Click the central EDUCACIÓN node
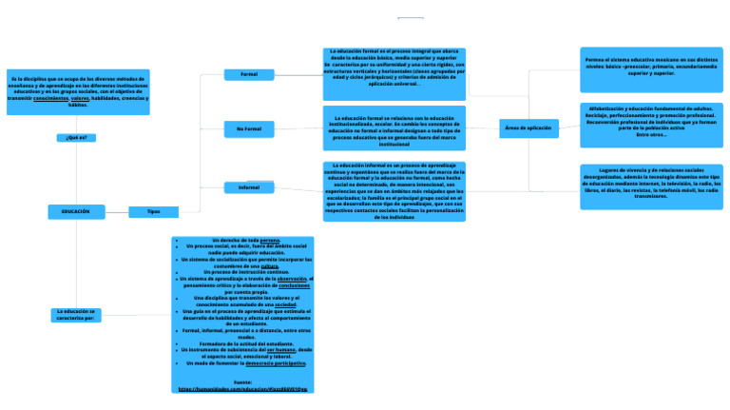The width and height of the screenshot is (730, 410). coord(76,211)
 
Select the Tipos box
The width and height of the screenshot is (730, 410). coord(153,211)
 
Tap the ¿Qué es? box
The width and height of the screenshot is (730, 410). coord(76,138)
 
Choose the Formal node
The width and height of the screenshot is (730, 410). coord(249,74)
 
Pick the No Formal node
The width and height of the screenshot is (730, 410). coord(249,128)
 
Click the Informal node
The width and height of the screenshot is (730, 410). coord(249,187)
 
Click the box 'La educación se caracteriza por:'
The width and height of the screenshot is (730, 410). coord(77,315)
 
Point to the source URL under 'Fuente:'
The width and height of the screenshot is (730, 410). coord(242,388)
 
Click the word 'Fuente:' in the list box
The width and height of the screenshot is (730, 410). coord(242,381)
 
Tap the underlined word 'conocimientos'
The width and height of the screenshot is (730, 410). coord(50,98)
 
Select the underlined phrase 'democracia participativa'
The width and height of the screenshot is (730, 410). coord(276,363)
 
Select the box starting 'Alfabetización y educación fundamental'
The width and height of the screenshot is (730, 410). coord(651,125)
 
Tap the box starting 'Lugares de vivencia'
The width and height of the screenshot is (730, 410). coord(651,186)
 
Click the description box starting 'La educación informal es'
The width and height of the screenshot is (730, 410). coord(394,190)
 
